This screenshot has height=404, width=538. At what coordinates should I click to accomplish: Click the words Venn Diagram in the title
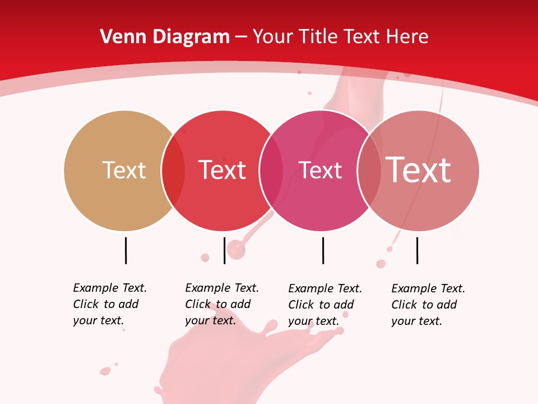(x=165, y=37)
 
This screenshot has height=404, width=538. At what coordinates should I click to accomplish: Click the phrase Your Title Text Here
(x=340, y=37)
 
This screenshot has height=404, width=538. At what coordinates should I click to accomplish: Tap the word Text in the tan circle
(x=124, y=170)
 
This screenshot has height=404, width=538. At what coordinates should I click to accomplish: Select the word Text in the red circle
(x=222, y=170)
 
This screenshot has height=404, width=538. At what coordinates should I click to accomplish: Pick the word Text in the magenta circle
(x=320, y=170)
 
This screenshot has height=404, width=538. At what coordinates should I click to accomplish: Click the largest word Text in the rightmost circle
(x=419, y=170)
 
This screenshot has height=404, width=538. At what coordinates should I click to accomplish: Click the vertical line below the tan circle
(x=126, y=250)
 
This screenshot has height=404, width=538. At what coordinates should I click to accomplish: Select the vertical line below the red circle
(x=224, y=250)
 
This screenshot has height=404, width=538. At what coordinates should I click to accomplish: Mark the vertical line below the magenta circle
(x=323, y=250)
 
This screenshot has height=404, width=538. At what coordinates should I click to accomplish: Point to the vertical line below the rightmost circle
(x=417, y=250)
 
